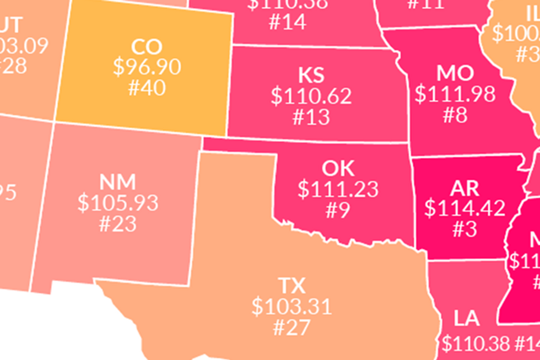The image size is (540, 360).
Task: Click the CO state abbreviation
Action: (147, 46)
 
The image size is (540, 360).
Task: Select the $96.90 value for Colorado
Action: (147, 67)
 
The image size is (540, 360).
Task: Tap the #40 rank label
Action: (147, 87)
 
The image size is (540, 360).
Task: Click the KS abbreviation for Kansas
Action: (311, 76)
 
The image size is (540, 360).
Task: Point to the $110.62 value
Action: (311, 96)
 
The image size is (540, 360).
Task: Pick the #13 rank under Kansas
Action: (311, 116)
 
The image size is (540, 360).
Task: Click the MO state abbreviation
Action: (455, 73)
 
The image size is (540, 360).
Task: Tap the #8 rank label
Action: (455, 114)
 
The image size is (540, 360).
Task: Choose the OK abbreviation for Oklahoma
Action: (338, 168)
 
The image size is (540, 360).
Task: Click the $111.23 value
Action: (338, 189)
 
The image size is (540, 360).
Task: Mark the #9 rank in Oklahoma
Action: (338, 209)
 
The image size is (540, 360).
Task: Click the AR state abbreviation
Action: (465, 188)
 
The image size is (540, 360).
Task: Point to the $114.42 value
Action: (465, 208)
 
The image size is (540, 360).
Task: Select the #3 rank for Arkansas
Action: (465, 229)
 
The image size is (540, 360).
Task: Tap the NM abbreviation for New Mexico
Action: (117, 182)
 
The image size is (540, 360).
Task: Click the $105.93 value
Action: (117, 203)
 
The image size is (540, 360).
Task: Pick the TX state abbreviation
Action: (292, 286)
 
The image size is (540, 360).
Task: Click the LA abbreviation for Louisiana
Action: (467, 319)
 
